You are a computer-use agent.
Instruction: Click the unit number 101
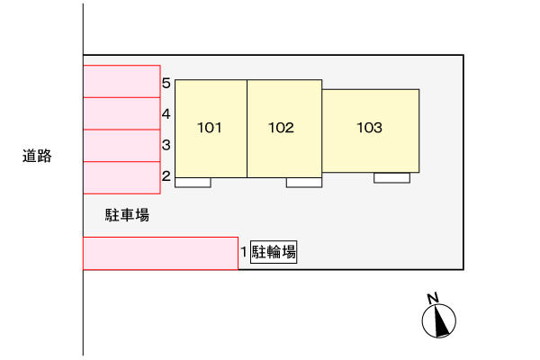click(x=209, y=128)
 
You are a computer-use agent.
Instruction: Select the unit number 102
click(x=281, y=128)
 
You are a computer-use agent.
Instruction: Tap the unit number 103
click(x=369, y=128)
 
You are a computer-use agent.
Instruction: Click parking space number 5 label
click(x=166, y=83)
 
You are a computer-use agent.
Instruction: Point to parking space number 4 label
click(x=166, y=113)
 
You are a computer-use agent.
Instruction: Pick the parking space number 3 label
click(x=166, y=145)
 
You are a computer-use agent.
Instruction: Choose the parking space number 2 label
click(x=166, y=176)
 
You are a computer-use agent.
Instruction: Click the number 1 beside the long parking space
click(x=244, y=252)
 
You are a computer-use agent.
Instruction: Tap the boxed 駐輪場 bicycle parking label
click(x=274, y=252)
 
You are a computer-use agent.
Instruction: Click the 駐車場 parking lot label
click(x=127, y=215)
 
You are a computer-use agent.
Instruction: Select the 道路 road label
click(x=37, y=156)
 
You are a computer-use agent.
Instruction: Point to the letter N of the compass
click(x=433, y=298)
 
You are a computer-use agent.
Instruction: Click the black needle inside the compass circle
click(x=441, y=322)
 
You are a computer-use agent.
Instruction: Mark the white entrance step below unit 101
click(x=193, y=183)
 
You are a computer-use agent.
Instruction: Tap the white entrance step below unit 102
click(x=304, y=183)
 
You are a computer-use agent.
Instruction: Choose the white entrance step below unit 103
click(x=391, y=178)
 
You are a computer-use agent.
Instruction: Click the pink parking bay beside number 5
click(x=121, y=81)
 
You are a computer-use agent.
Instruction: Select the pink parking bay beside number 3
click(x=121, y=146)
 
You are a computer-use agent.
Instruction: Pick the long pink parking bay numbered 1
click(x=160, y=254)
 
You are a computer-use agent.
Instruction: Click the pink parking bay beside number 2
click(x=121, y=178)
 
